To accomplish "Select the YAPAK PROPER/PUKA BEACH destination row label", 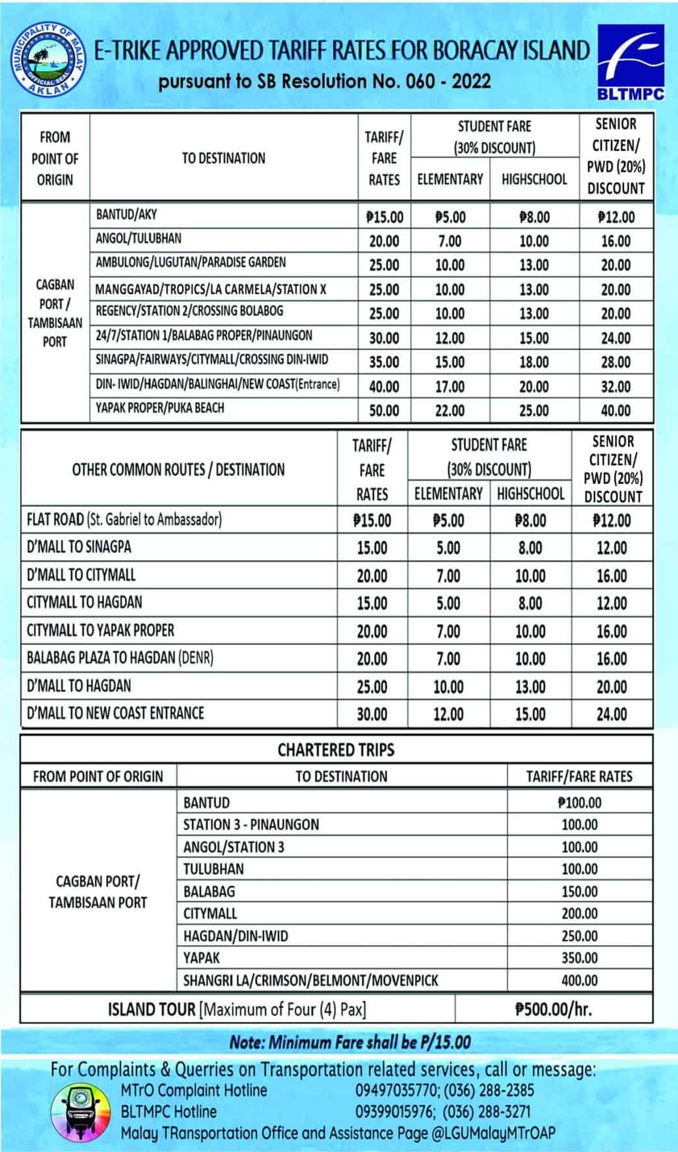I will [160, 408].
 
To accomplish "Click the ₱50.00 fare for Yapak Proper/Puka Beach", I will [384, 410].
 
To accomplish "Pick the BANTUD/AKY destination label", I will [126, 214].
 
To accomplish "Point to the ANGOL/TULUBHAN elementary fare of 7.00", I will [450, 241].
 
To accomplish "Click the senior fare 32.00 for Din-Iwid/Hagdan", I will [616, 386].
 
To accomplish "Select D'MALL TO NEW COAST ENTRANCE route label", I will [115, 713].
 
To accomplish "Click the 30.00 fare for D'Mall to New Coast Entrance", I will [372, 714].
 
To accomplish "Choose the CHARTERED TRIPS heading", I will [336, 750].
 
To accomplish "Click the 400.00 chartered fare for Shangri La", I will [579, 980].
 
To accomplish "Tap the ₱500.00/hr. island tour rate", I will [554, 1010].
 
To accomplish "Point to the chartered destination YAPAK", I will [202, 958].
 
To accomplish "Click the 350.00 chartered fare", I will [579, 958].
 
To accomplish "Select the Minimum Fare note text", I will [349, 1042].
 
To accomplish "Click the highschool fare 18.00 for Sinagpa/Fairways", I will [534, 362].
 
